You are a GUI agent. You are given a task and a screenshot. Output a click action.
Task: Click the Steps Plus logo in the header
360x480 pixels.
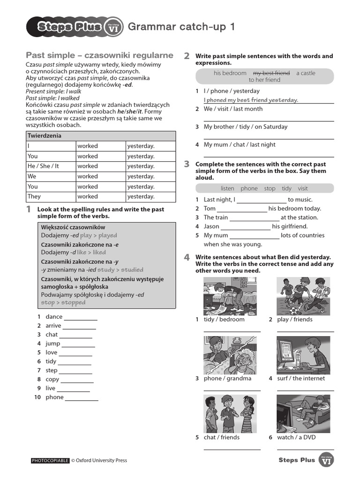(x=75, y=27)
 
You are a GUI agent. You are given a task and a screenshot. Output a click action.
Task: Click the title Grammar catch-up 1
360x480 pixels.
(x=181, y=27)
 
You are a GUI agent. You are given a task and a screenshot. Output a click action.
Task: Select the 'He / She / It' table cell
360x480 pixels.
(x=43, y=166)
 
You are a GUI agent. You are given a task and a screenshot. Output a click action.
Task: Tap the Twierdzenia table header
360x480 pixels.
(x=44, y=136)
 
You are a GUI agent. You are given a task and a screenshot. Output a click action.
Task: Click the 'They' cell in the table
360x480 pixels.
(x=34, y=196)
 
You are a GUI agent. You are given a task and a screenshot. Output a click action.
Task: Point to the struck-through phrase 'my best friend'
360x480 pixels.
(x=271, y=73)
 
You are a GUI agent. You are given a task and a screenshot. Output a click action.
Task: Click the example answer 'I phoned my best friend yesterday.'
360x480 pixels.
(x=251, y=100)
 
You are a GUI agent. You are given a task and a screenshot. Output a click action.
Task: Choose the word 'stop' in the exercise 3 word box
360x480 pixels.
(x=270, y=188)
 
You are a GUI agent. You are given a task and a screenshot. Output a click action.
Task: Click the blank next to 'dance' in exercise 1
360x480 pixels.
(x=81, y=317)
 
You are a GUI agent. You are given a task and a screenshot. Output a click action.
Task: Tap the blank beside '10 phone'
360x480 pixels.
(x=82, y=397)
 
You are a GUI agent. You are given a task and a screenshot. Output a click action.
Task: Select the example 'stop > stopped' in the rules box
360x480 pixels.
(x=63, y=302)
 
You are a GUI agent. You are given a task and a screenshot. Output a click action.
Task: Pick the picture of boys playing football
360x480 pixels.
(x=303, y=295)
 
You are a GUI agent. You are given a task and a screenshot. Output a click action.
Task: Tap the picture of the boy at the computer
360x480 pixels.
(x=303, y=355)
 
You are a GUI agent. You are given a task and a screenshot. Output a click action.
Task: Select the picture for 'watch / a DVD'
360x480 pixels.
(x=303, y=413)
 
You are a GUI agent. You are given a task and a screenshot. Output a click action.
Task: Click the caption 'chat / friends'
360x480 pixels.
(x=221, y=437)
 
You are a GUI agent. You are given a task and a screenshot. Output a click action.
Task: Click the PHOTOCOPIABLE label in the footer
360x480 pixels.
(x=50, y=460)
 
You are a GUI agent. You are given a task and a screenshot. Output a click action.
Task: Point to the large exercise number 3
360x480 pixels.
(x=187, y=164)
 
